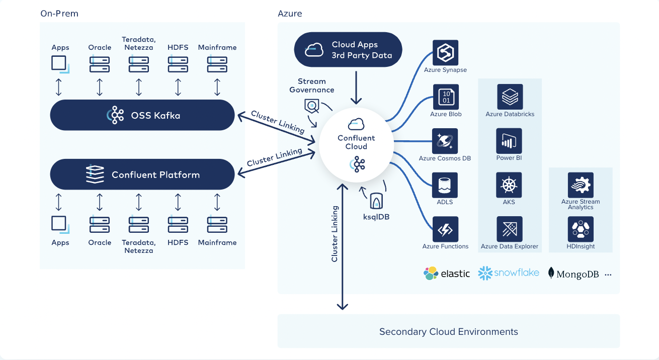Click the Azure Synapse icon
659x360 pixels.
point(445,53)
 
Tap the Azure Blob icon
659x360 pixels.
point(445,97)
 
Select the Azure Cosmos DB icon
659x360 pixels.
point(445,141)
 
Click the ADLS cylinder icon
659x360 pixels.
point(445,185)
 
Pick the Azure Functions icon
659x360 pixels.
point(445,229)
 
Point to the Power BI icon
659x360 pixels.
point(509,141)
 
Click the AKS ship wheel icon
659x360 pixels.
point(509,185)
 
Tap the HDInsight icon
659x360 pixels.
point(581,229)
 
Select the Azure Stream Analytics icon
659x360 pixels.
point(581,185)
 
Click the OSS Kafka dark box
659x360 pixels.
point(142,115)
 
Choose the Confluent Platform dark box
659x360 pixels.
point(142,175)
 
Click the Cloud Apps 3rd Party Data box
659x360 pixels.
point(348,50)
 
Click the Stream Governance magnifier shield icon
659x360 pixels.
point(312,107)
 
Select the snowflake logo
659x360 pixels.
point(509,273)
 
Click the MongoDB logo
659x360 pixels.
point(573,274)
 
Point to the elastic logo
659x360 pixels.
point(447,274)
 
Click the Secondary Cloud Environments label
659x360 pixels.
point(448,332)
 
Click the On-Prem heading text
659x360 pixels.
point(59,14)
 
